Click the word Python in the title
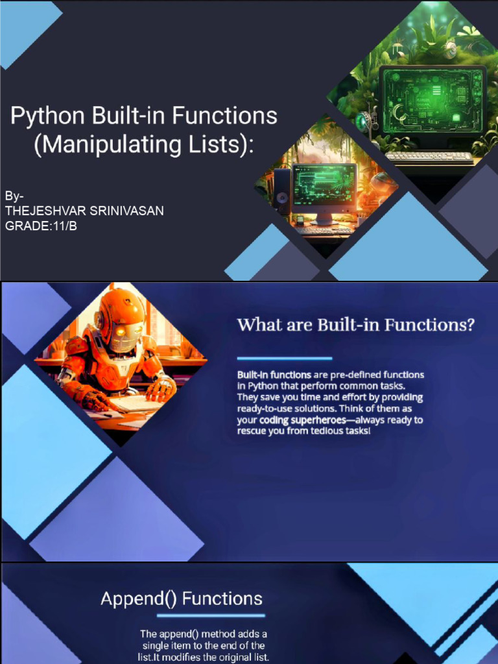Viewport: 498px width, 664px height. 47,115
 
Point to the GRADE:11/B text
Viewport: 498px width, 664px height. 41,226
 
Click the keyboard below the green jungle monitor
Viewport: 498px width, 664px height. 429,158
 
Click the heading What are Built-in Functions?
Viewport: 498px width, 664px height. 356,326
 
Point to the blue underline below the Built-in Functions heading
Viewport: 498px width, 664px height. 285,358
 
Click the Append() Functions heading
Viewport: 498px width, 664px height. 182,599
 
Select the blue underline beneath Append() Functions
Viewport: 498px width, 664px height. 211,615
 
